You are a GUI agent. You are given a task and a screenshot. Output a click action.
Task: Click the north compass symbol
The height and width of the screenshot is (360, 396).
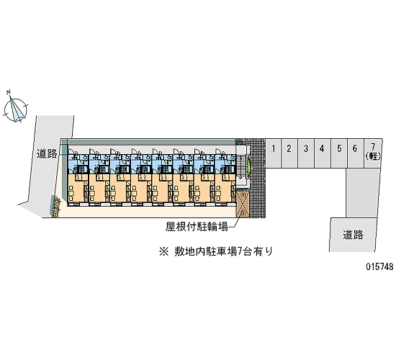coord(15,107)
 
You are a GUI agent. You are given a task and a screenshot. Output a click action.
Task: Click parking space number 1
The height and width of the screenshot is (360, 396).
coord(274,153)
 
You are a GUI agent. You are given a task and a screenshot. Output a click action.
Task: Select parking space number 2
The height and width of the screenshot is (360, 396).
coord(289,153)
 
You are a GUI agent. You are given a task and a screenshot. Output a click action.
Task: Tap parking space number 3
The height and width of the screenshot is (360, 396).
coord(306,153)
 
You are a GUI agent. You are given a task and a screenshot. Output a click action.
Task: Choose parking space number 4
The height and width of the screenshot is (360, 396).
coord(323,153)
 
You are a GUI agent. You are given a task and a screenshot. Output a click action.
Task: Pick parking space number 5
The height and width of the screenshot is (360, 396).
coord(339,153)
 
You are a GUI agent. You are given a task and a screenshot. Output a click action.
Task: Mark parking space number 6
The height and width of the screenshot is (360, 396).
coord(356,153)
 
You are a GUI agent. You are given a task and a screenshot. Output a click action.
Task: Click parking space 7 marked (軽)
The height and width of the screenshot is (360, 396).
coord(373,153)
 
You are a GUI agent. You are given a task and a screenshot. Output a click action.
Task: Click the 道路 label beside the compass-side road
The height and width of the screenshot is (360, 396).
coord(47,153)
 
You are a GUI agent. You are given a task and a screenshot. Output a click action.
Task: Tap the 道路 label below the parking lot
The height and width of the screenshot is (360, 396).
coord(353,235)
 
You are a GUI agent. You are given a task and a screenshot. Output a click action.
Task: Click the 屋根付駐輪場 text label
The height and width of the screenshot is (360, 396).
coord(197,227)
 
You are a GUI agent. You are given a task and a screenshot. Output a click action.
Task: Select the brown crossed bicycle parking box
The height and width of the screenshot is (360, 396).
coord(243,204)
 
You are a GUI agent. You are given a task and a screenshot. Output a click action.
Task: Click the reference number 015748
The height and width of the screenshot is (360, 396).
coord(380,266)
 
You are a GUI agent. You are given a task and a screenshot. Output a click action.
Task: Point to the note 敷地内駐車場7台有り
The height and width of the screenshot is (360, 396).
coord(223,251)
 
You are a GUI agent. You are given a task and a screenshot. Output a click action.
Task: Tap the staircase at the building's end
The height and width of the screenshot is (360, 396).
coord(241,166)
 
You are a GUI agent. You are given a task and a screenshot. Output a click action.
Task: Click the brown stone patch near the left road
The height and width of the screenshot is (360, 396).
coord(56,208)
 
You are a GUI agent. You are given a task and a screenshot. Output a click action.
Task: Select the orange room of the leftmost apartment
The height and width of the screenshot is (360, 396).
coord(78,188)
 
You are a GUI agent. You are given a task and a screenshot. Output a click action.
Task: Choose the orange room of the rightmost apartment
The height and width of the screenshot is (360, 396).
coord(225,188)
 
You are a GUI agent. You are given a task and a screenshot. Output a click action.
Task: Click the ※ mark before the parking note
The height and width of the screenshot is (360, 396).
coord(163,251)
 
